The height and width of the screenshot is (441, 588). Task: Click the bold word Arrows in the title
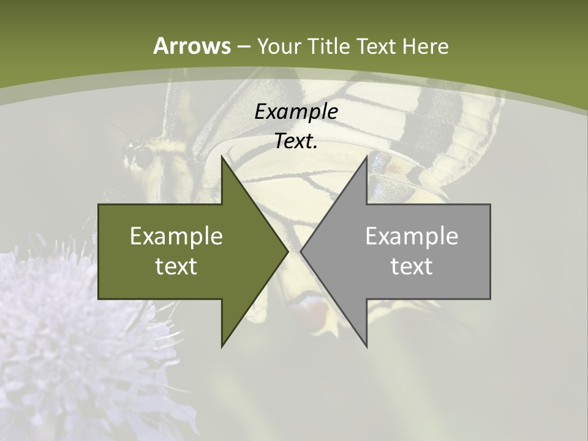191,46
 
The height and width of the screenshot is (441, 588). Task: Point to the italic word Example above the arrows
296,112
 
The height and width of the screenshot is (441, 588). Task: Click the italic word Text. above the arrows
296,141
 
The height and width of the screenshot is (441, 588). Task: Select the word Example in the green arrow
176,236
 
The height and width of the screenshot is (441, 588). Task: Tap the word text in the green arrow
176,266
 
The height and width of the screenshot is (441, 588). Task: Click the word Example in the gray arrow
412,236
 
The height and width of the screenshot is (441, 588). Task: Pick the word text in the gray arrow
412,266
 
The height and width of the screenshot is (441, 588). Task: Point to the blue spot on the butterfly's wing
381,164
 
